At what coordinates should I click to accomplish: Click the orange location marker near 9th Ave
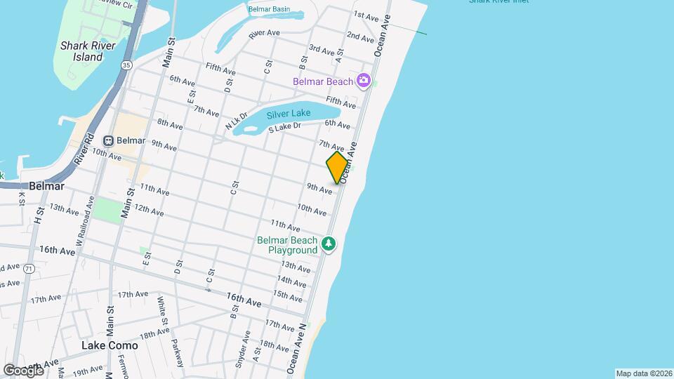coord(338,168)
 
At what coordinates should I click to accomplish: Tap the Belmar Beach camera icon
coord(364,80)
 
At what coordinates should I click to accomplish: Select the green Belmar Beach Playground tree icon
coord(329,244)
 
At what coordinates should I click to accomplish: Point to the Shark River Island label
coord(81,51)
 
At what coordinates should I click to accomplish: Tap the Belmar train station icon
coord(109,140)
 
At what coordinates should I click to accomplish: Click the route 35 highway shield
coord(126,65)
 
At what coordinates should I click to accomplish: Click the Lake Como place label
coord(110,345)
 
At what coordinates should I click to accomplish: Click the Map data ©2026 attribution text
coord(644,373)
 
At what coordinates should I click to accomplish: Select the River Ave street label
coord(264,33)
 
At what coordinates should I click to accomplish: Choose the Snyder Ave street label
coord(246,343)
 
